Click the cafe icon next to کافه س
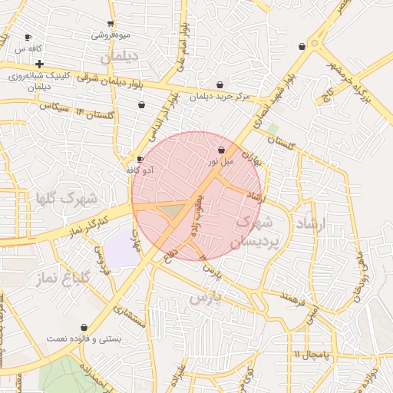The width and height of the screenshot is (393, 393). (x=28, y=37)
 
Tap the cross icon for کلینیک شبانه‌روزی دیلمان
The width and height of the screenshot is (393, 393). (x=39, y=64)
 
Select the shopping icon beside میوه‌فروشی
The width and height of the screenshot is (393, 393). (x=112, y=24)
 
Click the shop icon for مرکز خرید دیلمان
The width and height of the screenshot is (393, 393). (x=220, y=85)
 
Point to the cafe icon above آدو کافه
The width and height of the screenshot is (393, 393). (x=140, y=159)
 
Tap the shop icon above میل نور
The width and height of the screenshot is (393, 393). (x=222, y=150)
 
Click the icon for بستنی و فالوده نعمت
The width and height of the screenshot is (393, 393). (x=84, y=328)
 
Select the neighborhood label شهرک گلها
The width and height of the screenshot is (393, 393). (x=66, y=199)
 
